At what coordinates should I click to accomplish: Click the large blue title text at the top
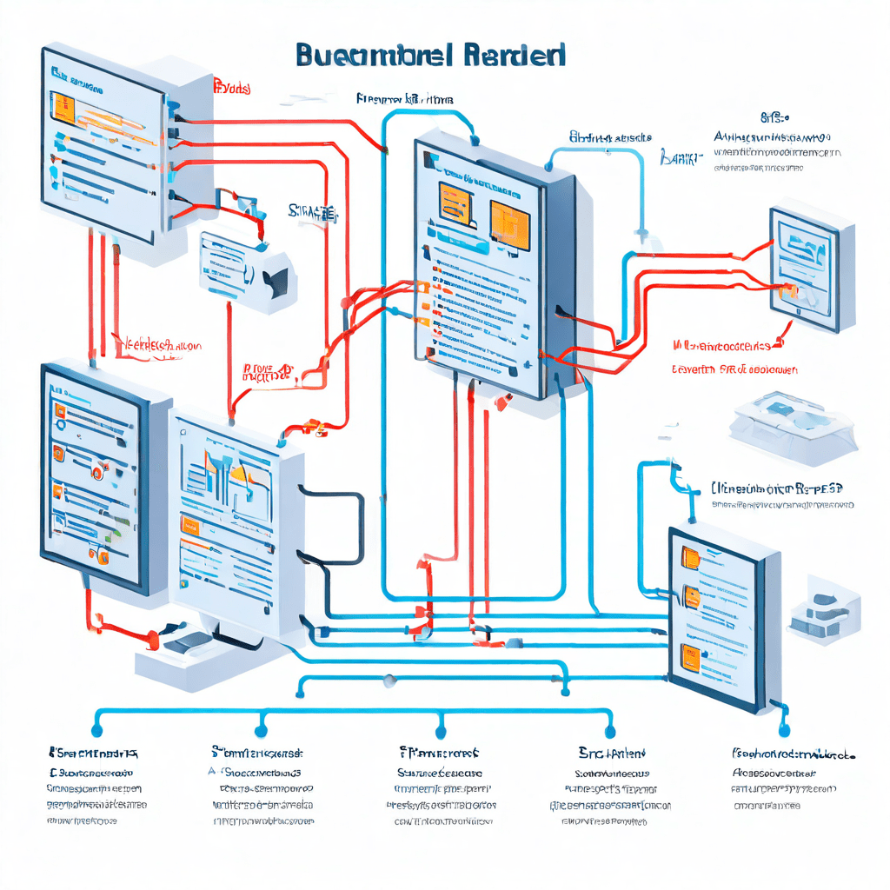point(430,54)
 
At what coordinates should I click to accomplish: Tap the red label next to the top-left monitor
point(232,88)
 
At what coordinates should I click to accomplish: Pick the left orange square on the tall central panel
point(454,205)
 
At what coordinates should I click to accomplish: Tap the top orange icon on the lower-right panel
point(691,556)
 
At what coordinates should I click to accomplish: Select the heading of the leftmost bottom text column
point(94,752)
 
